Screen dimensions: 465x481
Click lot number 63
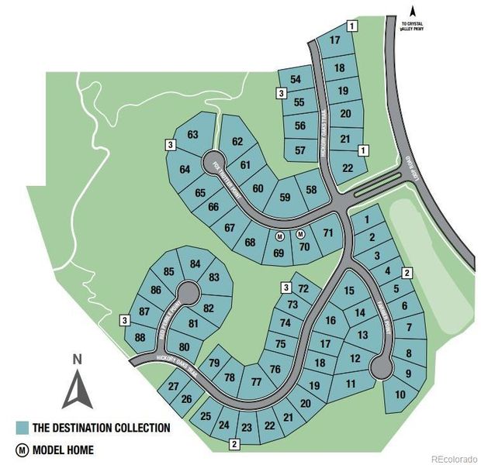coord(194,135)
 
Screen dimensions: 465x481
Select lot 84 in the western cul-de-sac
coord(195,263)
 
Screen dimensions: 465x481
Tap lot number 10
coord(400,394)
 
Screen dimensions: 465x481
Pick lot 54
coord(296,79)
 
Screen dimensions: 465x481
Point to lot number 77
coord(257,381)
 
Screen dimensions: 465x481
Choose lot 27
coord(173,386)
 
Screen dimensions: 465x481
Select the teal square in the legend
coord(22,427)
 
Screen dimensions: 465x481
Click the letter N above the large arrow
coord(76,359)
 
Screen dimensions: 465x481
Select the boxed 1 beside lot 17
coord(352,26)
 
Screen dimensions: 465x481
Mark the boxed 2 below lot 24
coord(234,444)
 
